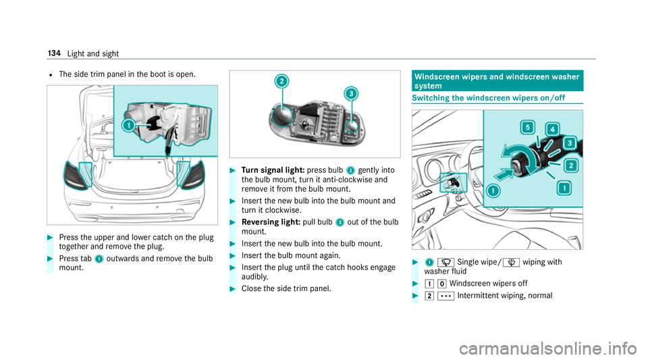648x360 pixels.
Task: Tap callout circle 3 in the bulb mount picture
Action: click(x=350, y=95)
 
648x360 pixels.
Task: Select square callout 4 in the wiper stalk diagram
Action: click(x=551, y=130)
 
